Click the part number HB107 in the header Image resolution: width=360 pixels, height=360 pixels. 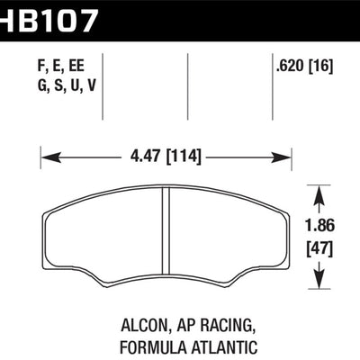pos(56,16)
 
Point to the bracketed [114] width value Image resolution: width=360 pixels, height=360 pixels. pos(184,158)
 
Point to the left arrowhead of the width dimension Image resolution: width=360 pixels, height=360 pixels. pos(46,158)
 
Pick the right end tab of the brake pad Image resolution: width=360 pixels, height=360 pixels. pos(283,236)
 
